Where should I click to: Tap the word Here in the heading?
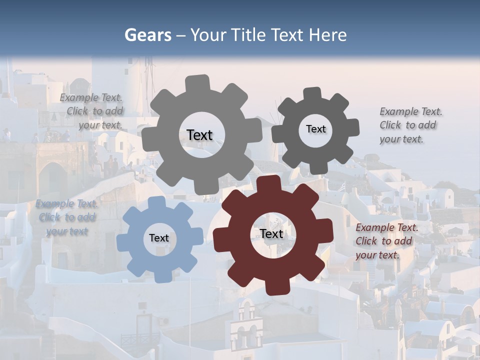tap(327, 35)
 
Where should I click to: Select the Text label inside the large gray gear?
tap(199, 135)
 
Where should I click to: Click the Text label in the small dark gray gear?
tap(315, 129)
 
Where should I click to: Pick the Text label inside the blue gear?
tap(159, 238)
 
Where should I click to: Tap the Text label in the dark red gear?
tap(271, 233)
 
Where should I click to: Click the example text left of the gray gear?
tap(95, 111)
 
